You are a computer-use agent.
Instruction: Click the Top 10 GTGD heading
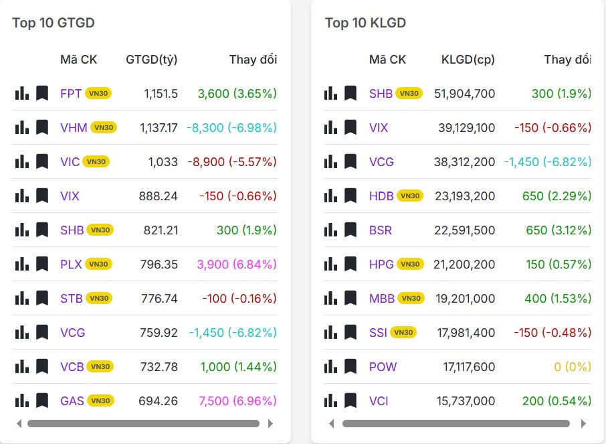click(54, 23)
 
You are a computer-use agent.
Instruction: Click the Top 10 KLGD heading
click(365, 23)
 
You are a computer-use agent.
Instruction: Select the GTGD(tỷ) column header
click(152, 60)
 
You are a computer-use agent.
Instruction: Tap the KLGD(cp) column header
click(468, 60)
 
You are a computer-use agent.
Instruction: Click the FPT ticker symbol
click(71, 93)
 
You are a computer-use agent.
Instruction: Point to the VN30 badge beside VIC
click(96, 161)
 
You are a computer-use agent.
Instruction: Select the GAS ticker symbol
click(72, 401)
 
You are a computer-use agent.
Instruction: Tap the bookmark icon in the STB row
click(42, 298)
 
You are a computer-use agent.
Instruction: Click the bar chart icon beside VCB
click(22, 366)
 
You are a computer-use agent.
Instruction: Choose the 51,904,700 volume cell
click(465, 93)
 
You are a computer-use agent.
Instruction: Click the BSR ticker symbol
click(381, 230)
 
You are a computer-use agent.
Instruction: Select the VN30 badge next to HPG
click(410, 265)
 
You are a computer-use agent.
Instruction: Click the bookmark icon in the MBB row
click(350, 298)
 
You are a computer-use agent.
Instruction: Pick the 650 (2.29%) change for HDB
click(557, 196)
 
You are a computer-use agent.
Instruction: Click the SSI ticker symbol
click(378, 332)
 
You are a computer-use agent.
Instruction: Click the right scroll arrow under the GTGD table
click(270, 423)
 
